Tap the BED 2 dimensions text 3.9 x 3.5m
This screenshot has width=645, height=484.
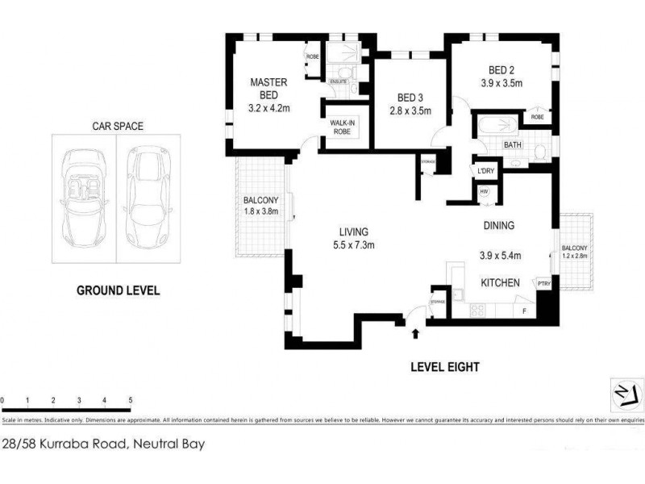[x=502, y=82]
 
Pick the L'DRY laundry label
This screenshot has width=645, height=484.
[x=485, y=171]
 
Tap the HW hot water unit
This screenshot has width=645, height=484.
[x=485, y=192]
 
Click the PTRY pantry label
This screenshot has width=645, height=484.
[x=543, y=282]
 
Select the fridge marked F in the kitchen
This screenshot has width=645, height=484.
[x=525, y=309]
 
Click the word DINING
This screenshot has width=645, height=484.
[x=498, y=226]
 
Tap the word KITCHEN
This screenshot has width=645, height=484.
[x=500, y=283]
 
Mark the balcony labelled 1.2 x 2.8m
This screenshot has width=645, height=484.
[x=575, y=252]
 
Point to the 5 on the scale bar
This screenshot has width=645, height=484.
[x=131, y=400]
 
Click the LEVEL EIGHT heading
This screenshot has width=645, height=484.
[x=445, y=367]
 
